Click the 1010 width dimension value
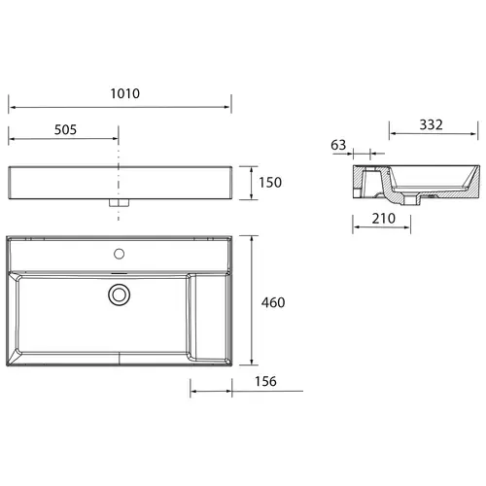(125, 93)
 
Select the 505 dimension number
(65, 129)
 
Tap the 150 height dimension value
(270, 183)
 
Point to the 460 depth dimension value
(273, 302)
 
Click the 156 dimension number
(265, 381)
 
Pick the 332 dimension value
(431, 124)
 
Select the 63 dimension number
(338, 145)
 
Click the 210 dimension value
(384, 219)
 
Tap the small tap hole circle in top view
(120, 254)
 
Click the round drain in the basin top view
(120, 295)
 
